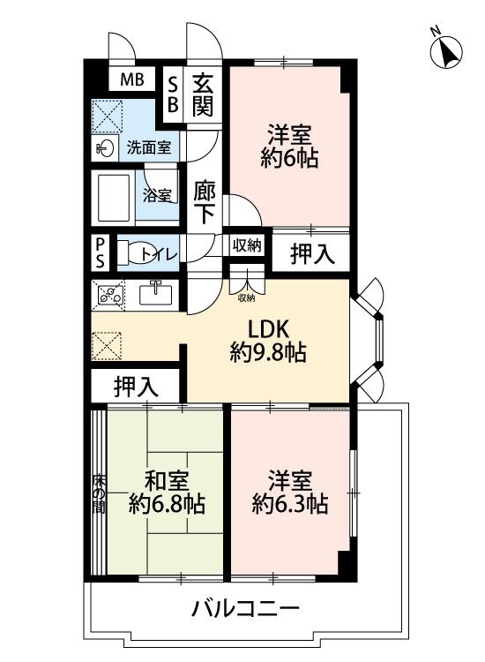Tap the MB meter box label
click(x=131, y=79)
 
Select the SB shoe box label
click(x=173, y=94)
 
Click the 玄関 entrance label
click(x=203, y=94)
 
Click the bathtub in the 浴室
click(x=114, y=198)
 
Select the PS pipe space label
click(x=100, y=252)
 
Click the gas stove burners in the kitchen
click(x=110, y=294)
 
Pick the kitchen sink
click(x=156, y=293)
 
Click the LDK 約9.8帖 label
click(x=267, y=341)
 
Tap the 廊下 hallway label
click(x=205, y=202)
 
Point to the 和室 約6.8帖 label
click(x=167, y=492)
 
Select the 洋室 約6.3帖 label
click(x=290, y=492)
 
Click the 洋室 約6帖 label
click(x=290, y=146)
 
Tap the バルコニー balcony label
click(x=245, y=608)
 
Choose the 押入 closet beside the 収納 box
click(x=312, y=253)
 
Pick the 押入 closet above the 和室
click(x=136, y=387)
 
